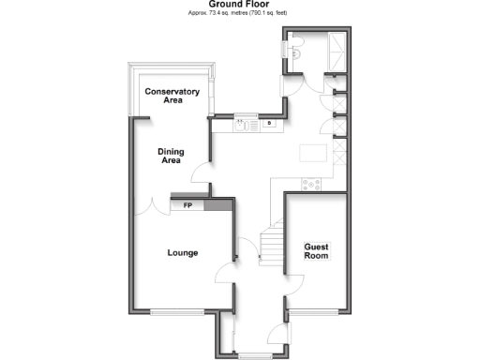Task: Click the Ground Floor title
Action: click(240, 5)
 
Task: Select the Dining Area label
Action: click(170, 156)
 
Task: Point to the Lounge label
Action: click(182, 252)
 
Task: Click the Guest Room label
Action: click(316, 250)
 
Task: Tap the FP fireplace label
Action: click(187, 205)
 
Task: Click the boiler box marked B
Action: click(270, 123)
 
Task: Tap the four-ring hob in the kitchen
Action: click(311, 184)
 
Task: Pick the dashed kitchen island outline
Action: click(312, 153)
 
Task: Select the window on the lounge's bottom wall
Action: click(177, 312)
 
